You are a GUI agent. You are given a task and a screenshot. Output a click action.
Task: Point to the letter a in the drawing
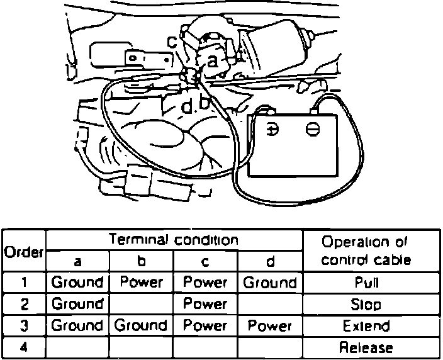(x=213, y=60)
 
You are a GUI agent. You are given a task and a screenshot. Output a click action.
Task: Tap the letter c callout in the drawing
(x=172, y=42)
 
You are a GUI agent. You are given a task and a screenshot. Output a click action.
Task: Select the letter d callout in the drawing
(x=186, y=108)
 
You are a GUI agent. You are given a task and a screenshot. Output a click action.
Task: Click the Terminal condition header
(x=174, y=240)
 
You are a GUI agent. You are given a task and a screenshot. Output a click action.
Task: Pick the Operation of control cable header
(x=366, y=250)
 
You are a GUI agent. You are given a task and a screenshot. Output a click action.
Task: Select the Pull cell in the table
(x=367, y=283)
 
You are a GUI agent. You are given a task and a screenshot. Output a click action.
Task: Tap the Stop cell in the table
(x=367, y=305)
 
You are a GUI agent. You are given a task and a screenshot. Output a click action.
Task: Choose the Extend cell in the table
(x=367, y=326)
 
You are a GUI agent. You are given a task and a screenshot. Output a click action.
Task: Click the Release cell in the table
(x=367, y=347)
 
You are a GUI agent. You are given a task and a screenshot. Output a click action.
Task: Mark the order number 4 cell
(x=23, y=347)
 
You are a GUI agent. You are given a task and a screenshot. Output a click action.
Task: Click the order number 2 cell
(x=23, y=305)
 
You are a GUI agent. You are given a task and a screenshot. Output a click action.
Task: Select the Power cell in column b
(x=142, y=282)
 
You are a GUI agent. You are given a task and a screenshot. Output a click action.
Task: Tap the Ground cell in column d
(x=270, y=282)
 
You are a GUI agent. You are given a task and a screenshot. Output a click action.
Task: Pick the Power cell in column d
(x=270, y=326)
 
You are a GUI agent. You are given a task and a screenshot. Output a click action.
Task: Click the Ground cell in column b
(x=142, y=326)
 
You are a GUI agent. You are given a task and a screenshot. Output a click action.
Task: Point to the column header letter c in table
(x=205, y=261)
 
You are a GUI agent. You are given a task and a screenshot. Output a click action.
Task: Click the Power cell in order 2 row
(x=205, y=304)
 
